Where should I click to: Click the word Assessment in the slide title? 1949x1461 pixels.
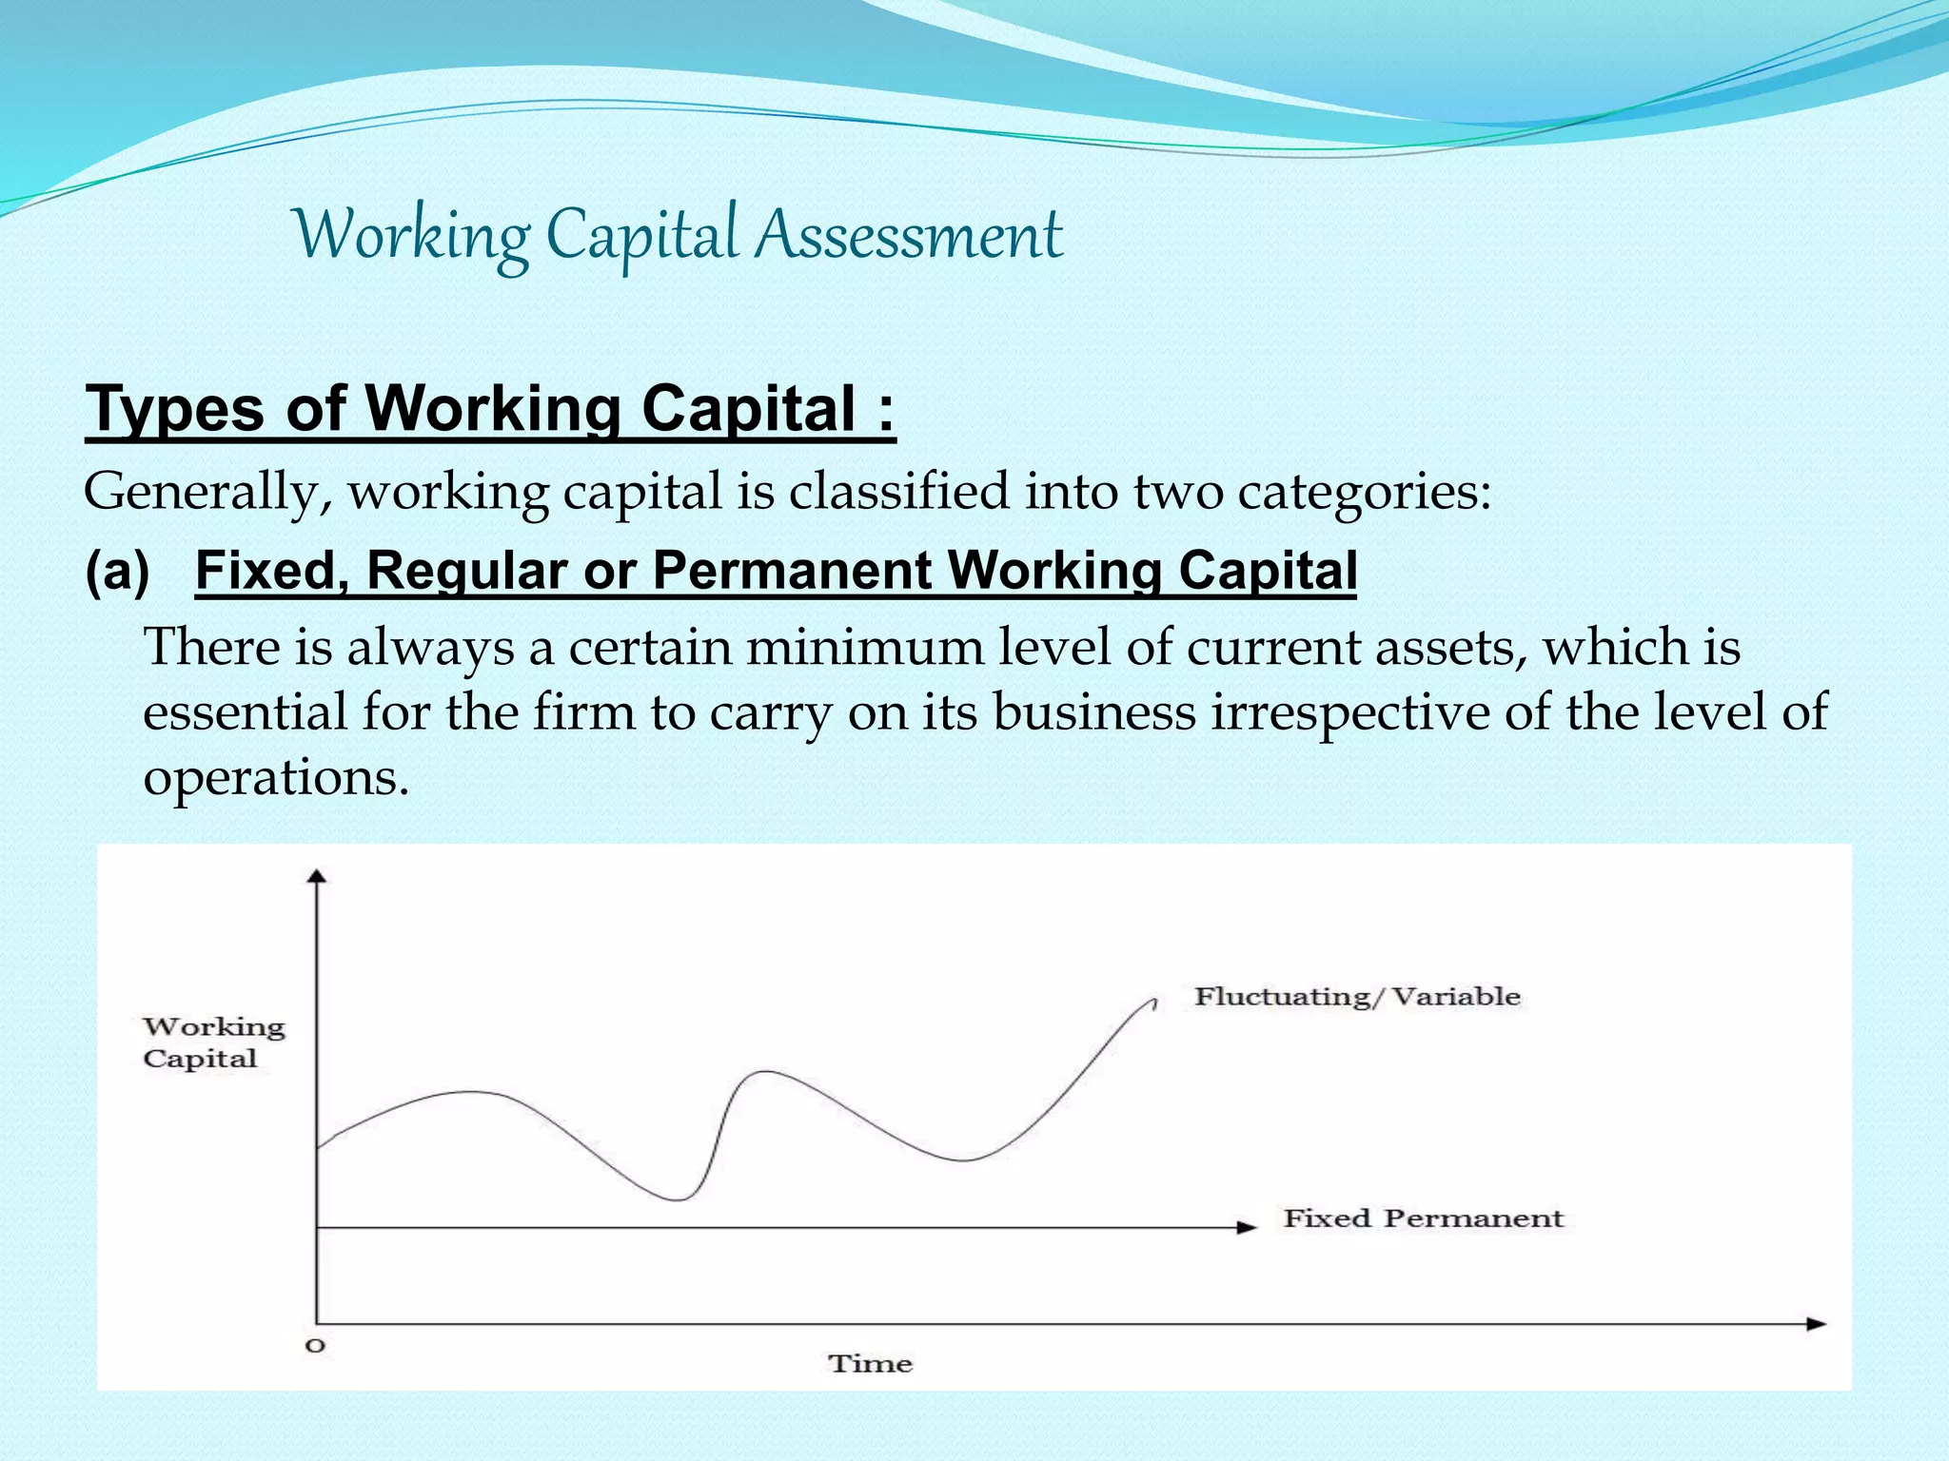click(x=909, y=236)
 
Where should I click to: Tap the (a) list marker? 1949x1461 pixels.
click(x=117, y=571)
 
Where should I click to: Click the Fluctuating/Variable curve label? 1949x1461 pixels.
click(x=1357, y=997)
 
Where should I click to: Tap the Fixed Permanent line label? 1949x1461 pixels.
click(x=1423, y=1218)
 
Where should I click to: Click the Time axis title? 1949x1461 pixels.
click(x=870, y=1364)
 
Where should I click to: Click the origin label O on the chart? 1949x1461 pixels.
click(x=315, y=1346)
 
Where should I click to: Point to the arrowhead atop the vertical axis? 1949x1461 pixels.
click(x=318, y=876)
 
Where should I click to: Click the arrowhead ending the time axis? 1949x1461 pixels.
click(x=1816, y=1324)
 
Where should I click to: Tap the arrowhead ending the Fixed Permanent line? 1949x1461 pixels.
click(x=1247, y=1227)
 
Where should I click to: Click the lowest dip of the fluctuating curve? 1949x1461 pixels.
click(x=677, y=1200)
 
